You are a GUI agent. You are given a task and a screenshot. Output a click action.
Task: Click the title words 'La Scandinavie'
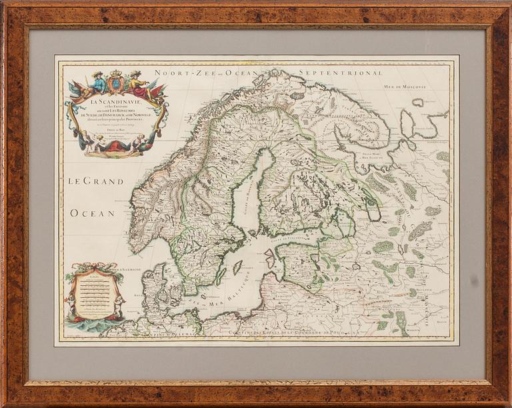point(117,101)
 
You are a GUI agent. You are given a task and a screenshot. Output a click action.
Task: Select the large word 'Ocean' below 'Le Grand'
point(93,213)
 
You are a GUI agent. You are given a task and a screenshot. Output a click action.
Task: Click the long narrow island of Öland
point(221,275)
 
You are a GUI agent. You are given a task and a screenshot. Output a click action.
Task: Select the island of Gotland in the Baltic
point(237,267)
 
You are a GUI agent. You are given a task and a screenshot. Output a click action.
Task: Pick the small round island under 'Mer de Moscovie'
point(418,102)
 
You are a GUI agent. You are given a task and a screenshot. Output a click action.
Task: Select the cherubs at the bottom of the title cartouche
point(116,143)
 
